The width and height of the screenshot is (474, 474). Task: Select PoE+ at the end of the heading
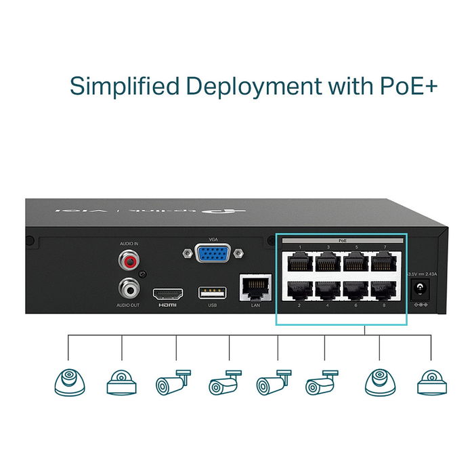click(404, 87)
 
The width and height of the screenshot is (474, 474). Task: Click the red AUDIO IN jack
click(129, 258)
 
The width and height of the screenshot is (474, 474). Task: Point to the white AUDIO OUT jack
click(129, 288)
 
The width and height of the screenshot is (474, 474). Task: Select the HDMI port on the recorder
click(167, 294)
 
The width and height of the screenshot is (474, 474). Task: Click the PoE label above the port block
click(342, 240)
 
